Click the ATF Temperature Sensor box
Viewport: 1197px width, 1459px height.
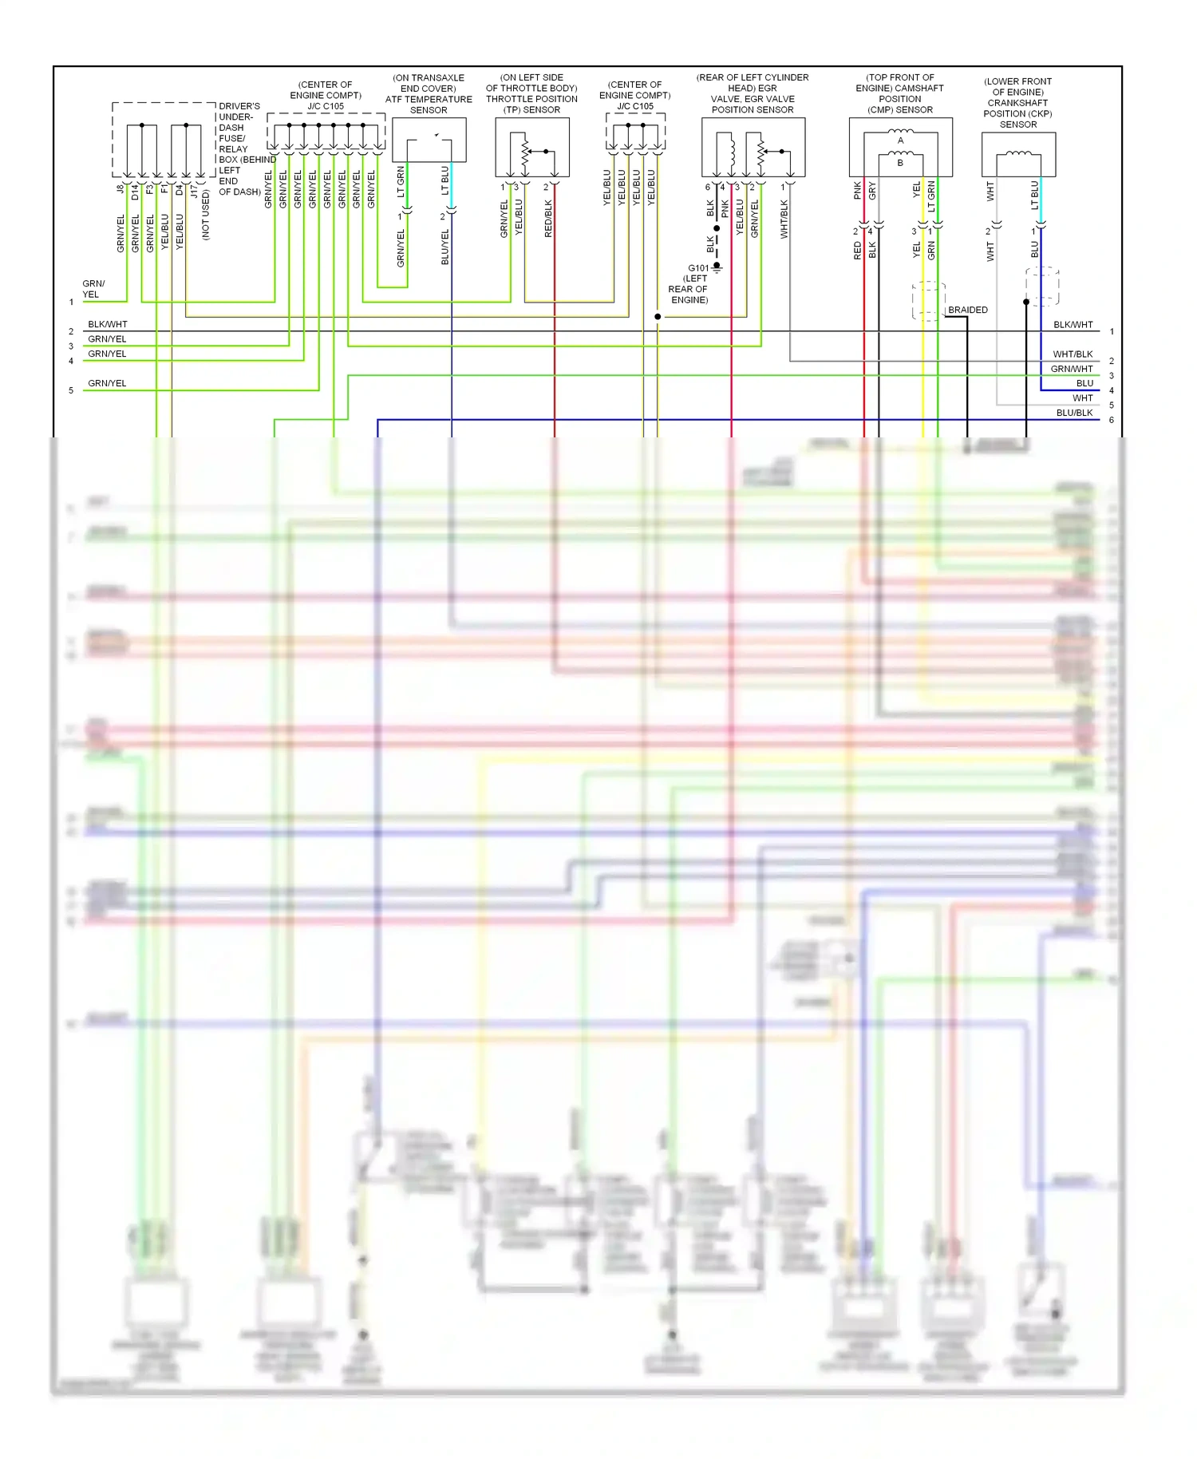[429, 140]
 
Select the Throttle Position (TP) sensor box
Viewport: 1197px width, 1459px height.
[532, 148]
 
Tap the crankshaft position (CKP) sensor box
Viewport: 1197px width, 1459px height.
[1018, 154]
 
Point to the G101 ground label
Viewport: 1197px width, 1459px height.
[698, 268]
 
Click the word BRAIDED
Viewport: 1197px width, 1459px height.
[967, 310]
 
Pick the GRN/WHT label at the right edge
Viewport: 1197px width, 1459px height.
[1071, 369]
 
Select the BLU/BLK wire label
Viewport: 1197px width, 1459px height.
[1074, 413]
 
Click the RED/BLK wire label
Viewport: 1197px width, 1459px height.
[548, 218]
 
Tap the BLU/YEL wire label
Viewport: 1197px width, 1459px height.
[445, 247]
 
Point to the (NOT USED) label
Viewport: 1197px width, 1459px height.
[206, 214]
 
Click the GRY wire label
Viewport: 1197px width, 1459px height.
[872, 191]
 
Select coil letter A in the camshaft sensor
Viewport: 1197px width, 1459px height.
[901, 140]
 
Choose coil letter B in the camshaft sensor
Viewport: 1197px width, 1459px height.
[900, 163]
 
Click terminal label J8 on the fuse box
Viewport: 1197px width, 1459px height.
[120, 189]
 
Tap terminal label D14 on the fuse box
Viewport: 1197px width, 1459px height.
[135, 192]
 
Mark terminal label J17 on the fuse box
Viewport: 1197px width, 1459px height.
[194, 192]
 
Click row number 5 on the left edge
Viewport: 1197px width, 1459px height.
[71, 390]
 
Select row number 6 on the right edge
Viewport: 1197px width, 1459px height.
[1111, 420]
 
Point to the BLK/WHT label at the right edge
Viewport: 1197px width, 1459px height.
[1073, 325]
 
